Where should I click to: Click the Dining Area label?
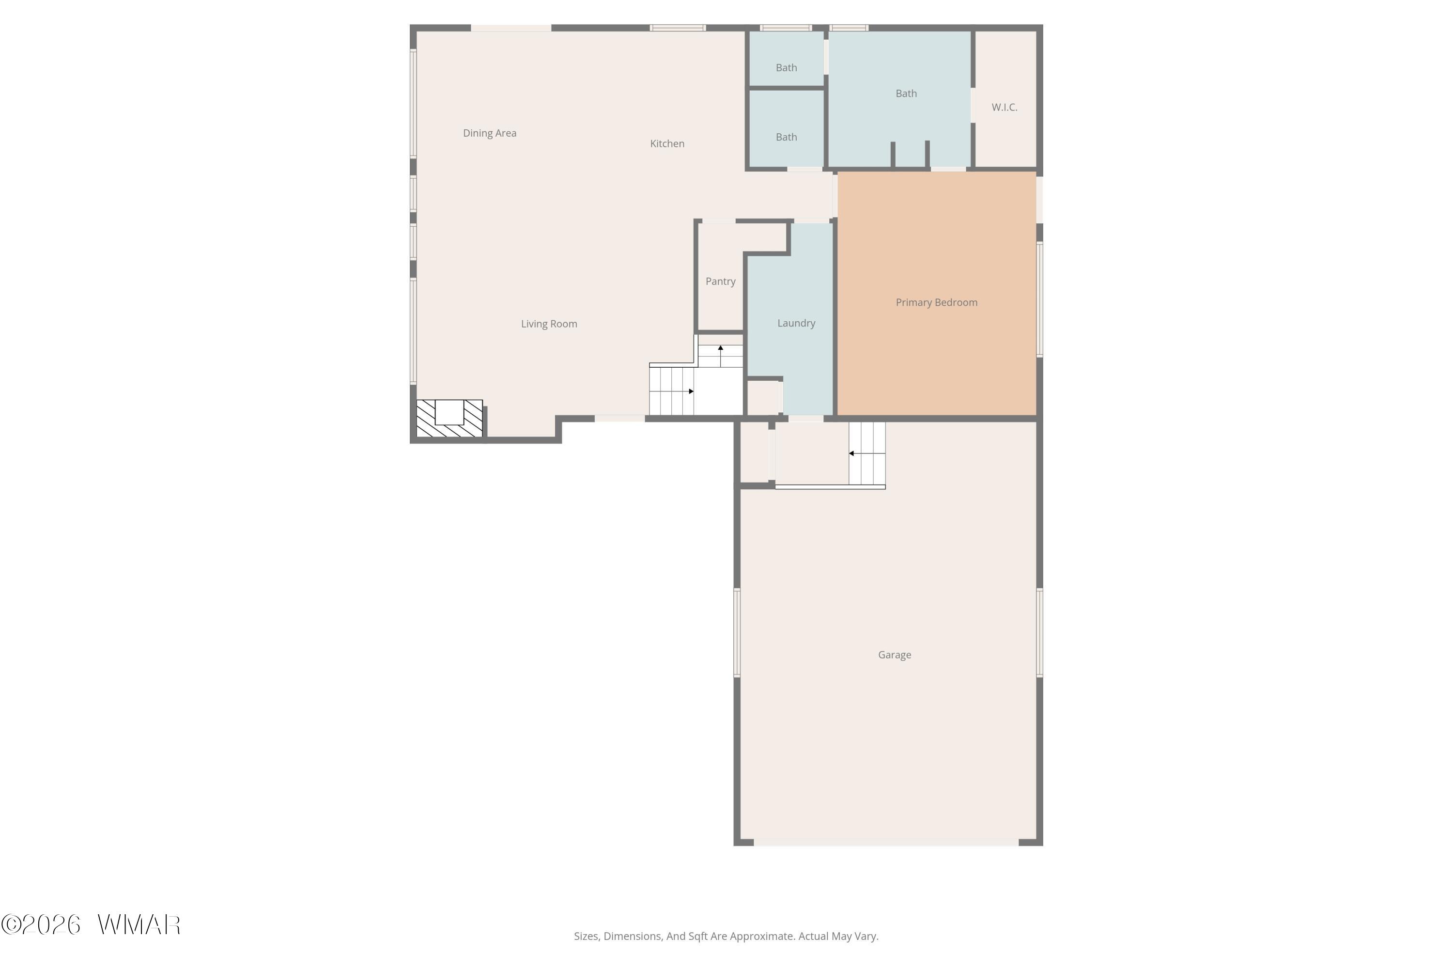[489, 133]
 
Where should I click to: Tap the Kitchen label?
[667, 143]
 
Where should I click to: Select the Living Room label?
[549, 324]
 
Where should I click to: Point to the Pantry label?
[720, 281]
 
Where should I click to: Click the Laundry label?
[796, 323]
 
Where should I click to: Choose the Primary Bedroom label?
[937, 302]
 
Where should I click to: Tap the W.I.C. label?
[1005, 108]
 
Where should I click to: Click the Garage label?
[895, 655]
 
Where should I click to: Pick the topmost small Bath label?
[787, 68]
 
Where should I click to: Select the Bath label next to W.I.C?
[906, 94]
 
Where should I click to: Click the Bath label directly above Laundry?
[787, 137]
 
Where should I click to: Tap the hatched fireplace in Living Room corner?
[449, 419]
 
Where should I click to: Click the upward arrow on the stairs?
[720, 356]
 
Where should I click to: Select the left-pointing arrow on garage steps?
[859, 453]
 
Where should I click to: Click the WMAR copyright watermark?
[91, 925]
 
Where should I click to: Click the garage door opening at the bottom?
[886, 843]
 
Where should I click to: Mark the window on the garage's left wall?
[737, 633]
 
